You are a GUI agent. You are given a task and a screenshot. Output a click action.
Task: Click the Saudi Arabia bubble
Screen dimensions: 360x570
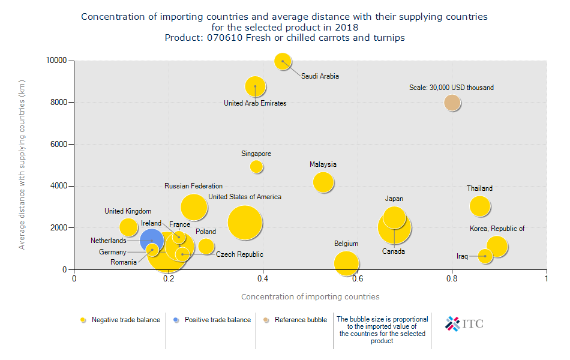pyautogui.click(x=283, y=61)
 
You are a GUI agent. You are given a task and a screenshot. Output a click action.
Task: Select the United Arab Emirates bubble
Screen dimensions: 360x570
pyautogui.click(x=256, y=86)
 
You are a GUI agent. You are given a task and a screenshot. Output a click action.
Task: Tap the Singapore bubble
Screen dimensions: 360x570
pyautogui.click(x=256, y=166)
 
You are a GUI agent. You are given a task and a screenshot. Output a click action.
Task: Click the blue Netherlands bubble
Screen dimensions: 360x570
pyautogui.click(x=151, y=240)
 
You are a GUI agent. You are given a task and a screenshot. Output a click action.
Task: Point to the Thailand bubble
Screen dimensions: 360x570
pyautogui.click(x=480, y=206)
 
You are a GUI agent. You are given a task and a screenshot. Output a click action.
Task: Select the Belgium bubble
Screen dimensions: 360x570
pyautogui.click(x=346, y=263)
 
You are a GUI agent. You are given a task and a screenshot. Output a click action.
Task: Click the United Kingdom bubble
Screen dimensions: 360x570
pyautogui.click(x=128, y=227)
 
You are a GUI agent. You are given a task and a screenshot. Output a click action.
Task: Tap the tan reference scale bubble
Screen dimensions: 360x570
pyautogui.click(x=452, y=103)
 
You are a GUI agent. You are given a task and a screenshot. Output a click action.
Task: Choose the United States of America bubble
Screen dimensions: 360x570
pyautogui.click(x=245, y=223)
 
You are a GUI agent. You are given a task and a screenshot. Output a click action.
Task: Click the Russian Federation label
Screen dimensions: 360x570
pyautogui.click(x=193, y=187)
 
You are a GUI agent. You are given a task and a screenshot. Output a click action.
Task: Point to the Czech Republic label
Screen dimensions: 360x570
pyautogui.click(x=239, y=255)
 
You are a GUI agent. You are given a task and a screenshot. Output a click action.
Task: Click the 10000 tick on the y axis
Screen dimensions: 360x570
pyautogui.click(x=56, y=61)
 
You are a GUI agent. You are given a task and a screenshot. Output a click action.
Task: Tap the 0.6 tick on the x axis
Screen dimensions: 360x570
pyautogui.click(x=358, y=278)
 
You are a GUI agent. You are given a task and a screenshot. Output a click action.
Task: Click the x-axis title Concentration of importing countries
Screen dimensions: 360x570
pyautogui.click(x=310, y=297)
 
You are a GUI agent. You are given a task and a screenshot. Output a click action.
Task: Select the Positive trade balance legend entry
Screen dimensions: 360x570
pyautogui.click(x=217, y=320)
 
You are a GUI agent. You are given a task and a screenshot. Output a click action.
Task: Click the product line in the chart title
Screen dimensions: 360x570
pyautogui.click(x=284, y=38)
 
